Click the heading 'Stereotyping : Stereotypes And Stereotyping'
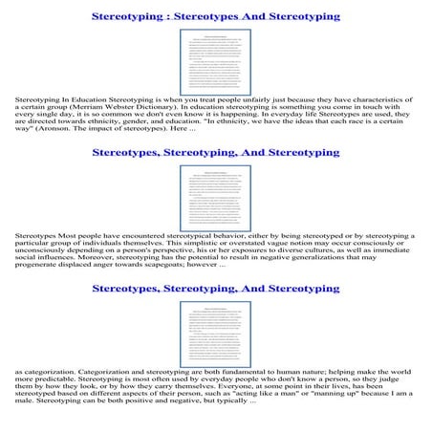215,16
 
